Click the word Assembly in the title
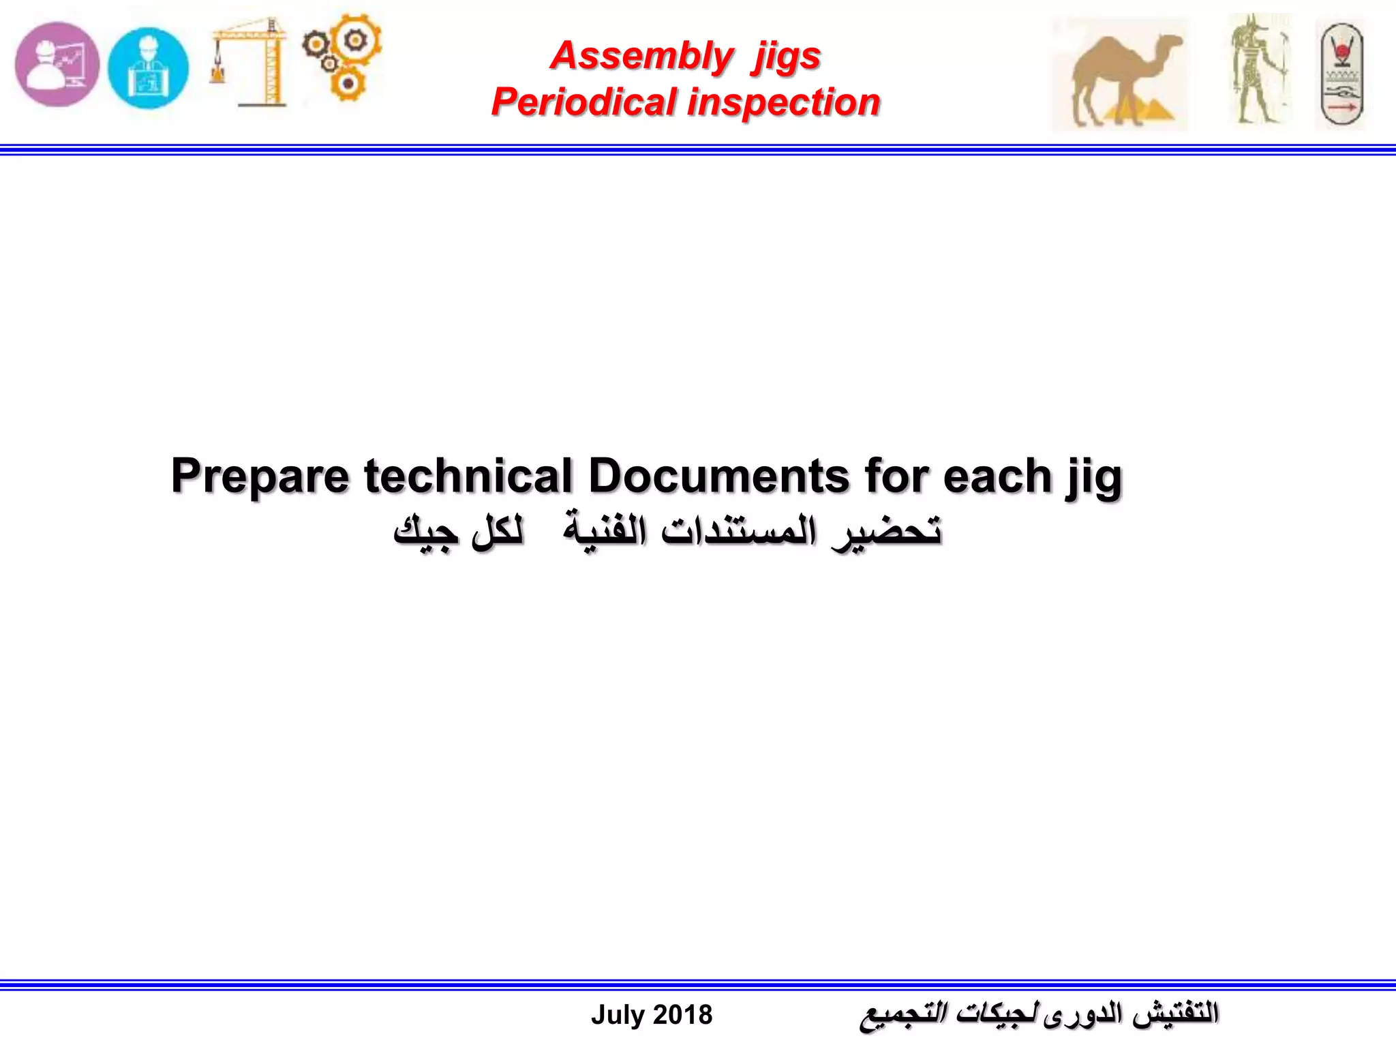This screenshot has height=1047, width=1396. point(641,56)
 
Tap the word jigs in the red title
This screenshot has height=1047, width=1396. point(786,57)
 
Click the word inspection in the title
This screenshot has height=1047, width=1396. point(784,102)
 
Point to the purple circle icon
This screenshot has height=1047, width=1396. point(57,65)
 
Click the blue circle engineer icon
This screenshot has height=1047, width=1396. point(148,67)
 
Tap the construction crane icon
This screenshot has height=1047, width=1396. point(249,63)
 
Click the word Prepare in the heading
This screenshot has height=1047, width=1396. point(260,475)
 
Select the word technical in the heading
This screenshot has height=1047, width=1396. point(468,475)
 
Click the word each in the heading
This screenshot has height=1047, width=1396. point(998,475)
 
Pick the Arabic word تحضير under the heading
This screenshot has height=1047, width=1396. point(886,532)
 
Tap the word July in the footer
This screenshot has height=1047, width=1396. point(618,1015)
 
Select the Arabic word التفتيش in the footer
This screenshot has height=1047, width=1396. point(1175,1014)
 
